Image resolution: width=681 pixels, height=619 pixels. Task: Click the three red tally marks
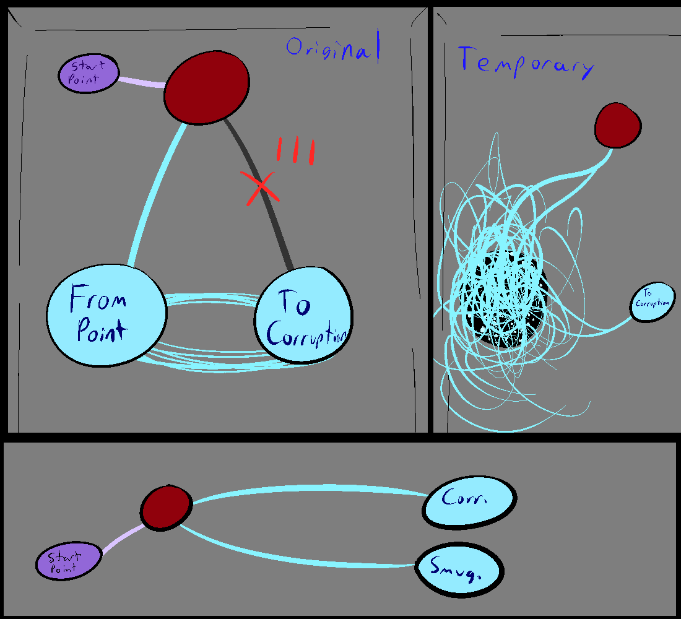point(296,150)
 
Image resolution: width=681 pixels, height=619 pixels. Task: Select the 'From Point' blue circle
point(107,316)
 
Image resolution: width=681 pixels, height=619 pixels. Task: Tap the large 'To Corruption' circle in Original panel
point(303,316)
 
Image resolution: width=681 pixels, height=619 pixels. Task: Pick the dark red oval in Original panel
point(207,87)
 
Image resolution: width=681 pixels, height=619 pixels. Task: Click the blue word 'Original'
point(332,50)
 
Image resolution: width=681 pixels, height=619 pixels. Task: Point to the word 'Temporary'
point(525,63)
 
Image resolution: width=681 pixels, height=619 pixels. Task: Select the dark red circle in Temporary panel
point(617,126)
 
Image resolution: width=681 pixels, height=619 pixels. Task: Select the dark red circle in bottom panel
point(165,506)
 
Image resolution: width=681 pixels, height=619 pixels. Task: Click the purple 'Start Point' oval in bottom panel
point(67,561)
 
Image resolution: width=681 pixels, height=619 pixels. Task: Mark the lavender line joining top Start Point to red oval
point(141,82)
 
